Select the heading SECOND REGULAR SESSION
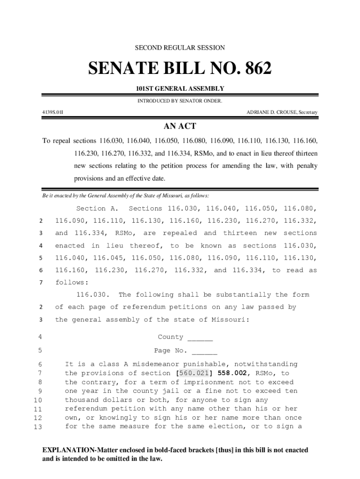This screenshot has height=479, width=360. [180, 48]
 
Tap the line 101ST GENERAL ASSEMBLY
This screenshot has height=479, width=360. [180, 88]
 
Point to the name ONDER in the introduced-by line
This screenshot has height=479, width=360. [212, 101]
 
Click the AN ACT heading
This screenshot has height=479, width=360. [180, 126]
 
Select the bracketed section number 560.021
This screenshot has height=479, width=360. [194, 373]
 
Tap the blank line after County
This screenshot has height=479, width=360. [200, 337]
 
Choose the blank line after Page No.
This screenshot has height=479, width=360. [204, 351]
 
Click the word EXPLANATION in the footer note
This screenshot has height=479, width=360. [70, 450]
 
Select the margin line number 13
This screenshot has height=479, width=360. [38, 427]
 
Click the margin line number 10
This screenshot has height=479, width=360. [38, 400]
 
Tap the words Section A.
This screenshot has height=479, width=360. [97, 209]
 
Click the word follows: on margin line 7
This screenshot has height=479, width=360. [71, 283]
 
